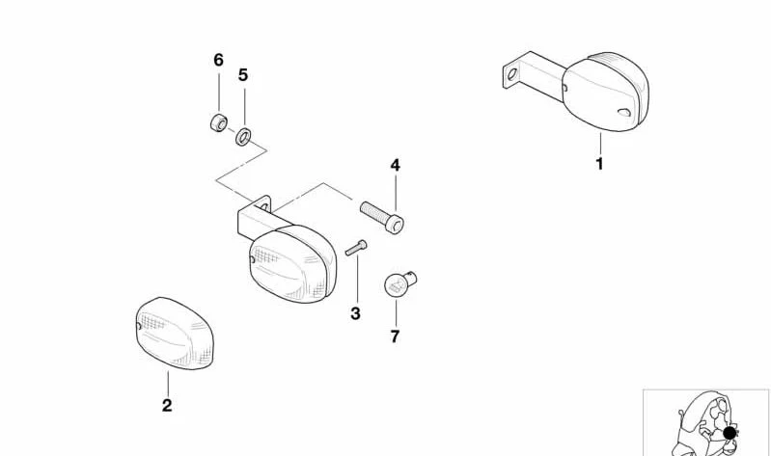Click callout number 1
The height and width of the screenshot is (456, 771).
(599, 164)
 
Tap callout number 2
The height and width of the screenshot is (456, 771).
(167, 406)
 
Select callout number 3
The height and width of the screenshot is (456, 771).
(355, 313)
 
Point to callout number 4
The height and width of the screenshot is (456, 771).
(396, 165)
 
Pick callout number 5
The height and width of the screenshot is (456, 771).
(243, 75)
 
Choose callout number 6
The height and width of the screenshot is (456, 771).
(219, 60)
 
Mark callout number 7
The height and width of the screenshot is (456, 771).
(396, 336)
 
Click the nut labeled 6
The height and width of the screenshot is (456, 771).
(219, 122)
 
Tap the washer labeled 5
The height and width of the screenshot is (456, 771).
(243, 137)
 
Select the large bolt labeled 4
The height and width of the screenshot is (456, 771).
(382, 216)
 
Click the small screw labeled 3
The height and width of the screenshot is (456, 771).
(356, 248)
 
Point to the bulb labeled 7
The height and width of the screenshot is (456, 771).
(399, 284)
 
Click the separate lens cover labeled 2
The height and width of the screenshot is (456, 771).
(174, 333)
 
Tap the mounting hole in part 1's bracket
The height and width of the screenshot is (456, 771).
(511, 74)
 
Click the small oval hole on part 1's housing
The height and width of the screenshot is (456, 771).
(624, 112)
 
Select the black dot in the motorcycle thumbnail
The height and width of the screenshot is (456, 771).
(730, 434)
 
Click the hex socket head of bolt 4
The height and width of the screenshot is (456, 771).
(395, 225)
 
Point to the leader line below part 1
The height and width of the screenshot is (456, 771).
(600, 144)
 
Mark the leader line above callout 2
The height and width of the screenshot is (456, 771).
(168, 384)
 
